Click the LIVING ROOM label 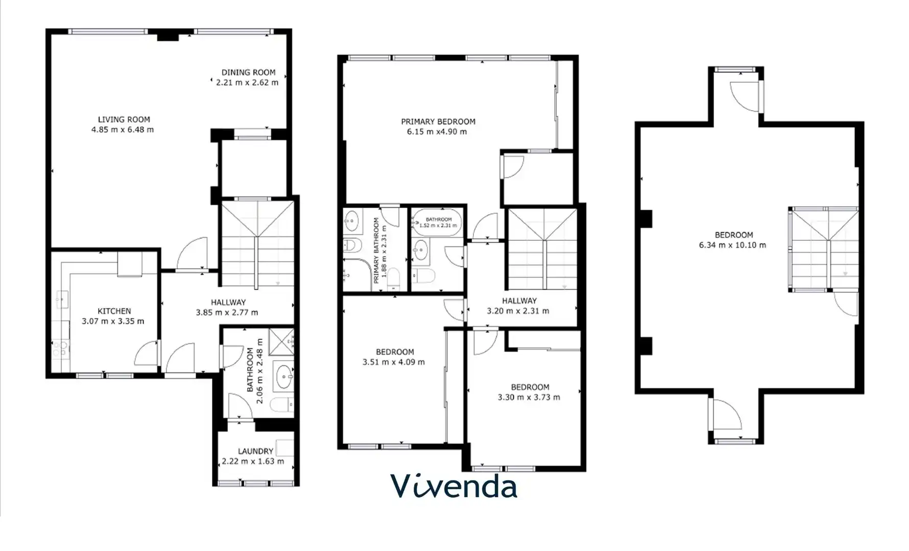[x=124, y=119]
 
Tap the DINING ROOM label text [x=248, y=72]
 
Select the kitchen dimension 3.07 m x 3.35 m [x=113, y=321]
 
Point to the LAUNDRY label [x=255, y=451]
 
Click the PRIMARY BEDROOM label [x=438, y=121]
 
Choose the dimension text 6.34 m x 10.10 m [x=732, y=245]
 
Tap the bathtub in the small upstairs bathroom [x=437, y=222]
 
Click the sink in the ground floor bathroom [x=282, y=377]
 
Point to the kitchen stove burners [x=60, y=349]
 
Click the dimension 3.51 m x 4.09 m [x=394, y=362]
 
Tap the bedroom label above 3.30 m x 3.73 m [x=530, y=387]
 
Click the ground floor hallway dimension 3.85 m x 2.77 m [x=227, y=312]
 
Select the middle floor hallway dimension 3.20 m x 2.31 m [x=518, y=311]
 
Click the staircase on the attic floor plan [x=824, y=249]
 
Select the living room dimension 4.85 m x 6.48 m [x=123, y=130]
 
